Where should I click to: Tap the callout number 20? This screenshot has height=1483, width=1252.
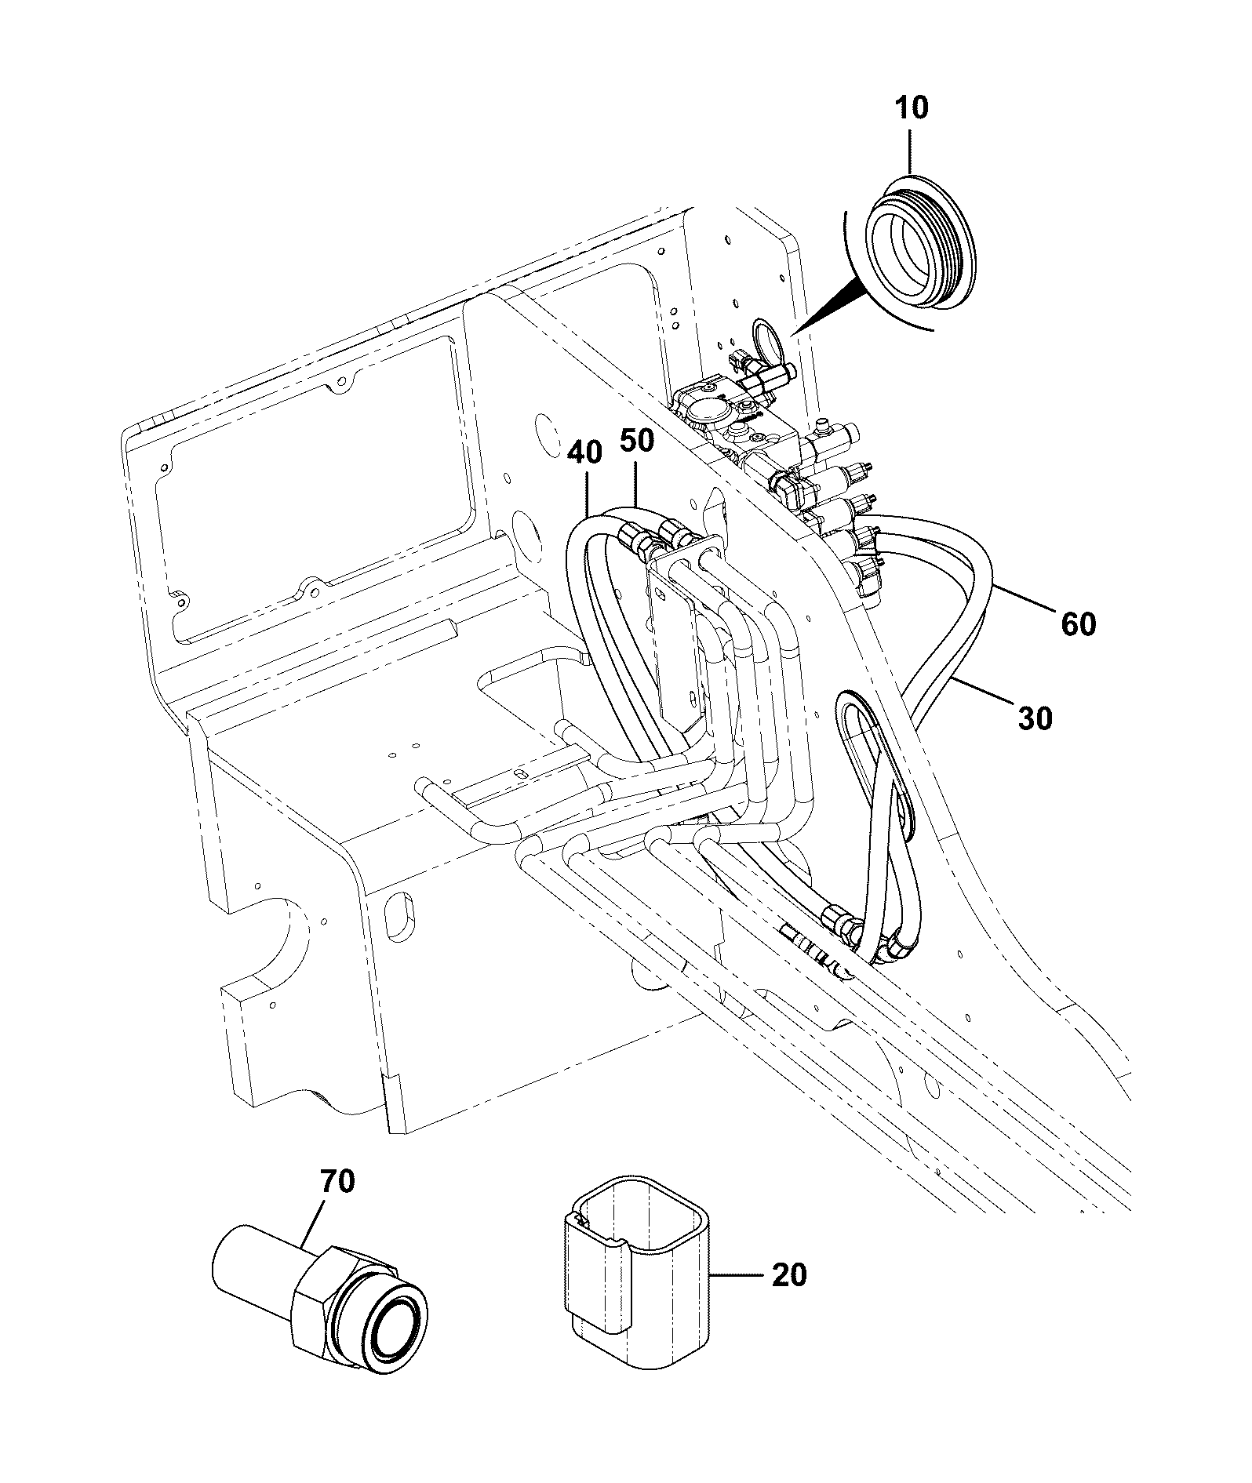[x=788, y=1274]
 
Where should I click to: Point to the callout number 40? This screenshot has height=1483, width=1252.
[x=585, y=454]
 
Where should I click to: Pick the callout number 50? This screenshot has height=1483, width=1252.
[x=636, y=441]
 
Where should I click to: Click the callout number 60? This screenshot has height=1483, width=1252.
[x=1078, y=625]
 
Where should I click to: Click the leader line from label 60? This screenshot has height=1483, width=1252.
[x=1028, y=599]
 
